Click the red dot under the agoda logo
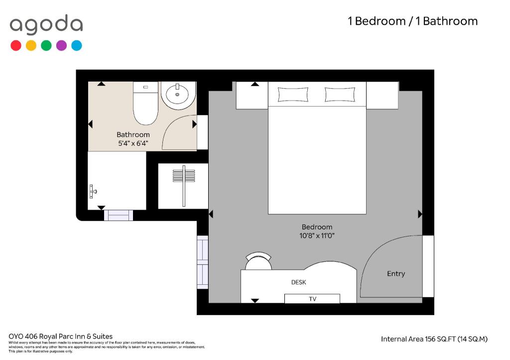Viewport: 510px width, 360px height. tap(16, 45)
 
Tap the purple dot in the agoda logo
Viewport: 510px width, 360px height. tap(61, 45)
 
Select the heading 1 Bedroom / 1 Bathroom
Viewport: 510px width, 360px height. tap(413, 21)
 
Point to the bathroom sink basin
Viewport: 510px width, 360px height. tap(177, 94)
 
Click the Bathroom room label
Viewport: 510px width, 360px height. tap(133, 134)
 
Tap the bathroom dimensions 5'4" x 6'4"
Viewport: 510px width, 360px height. tap(133, 143)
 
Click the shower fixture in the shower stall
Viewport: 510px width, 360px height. tap(93, 192)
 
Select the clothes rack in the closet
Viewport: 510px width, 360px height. tap(184, 186)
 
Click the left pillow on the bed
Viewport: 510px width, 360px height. tap(293, 95)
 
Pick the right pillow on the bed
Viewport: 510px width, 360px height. tap(340, 95)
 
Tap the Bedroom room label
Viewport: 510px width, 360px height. tap(317, 227)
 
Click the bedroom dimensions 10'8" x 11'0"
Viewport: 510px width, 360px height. tap(317, 236)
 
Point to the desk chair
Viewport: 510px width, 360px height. tap(258, 260)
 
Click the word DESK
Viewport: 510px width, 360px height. tap(299, 282)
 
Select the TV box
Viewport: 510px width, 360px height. tap(312, 299)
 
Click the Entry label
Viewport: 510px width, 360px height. tap(396, 274)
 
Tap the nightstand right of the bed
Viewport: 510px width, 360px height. tap(382, 95)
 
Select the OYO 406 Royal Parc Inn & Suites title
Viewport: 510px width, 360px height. tap(60, 336)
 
